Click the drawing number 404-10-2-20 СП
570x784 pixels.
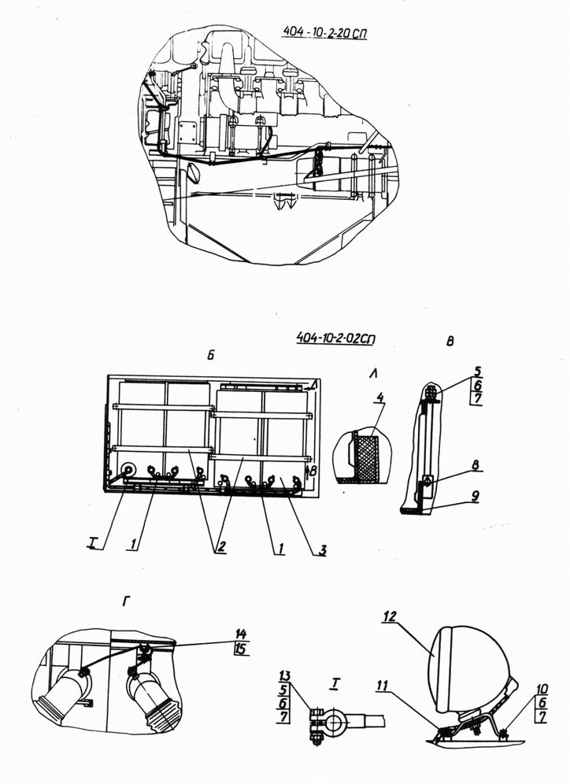tap(324, 31)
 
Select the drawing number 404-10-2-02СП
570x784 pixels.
tap(336, 338)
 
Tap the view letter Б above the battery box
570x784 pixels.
tap(210, 355)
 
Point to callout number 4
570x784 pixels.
tap(380, 398)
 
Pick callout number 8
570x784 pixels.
tap(475, 464)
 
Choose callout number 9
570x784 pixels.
tap(475, 496)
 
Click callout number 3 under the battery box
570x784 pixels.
tap(323, 550)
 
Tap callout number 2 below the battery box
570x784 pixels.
tap(220, 546)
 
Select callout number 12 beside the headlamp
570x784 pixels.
tap(390, 616)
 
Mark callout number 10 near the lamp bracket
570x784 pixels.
tap(542, 690)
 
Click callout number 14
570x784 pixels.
tap(241, 634)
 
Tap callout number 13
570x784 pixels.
tap(284, 676)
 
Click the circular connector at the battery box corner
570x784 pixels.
tap(128, 471)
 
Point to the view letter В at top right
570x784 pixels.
tap(450, 341)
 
